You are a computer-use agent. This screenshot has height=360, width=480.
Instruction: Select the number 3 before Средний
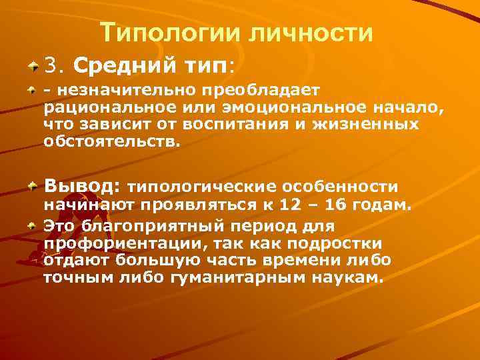pos(51,65)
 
